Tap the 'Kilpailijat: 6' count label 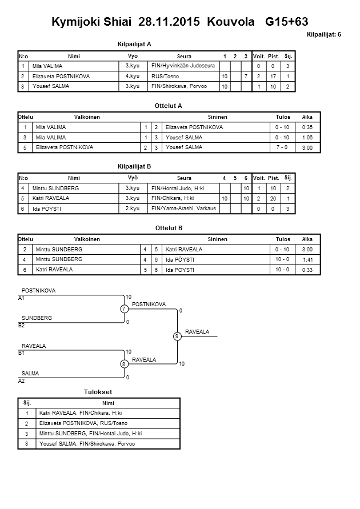(324, 35)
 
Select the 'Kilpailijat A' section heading (134, 43)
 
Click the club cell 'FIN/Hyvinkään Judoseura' (183, 66)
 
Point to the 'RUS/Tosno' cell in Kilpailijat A (166, 76)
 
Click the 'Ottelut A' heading (169, 106)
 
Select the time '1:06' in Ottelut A (307, 137)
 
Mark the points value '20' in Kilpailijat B (274, 198)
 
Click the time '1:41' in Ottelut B (307, 259)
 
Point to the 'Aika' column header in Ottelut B (307, 239)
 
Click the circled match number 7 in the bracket (123, 309)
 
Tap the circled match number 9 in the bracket (178, 336)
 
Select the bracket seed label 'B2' (22, 325)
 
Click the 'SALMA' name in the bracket (30, 373)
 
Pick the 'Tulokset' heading (98, 392)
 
